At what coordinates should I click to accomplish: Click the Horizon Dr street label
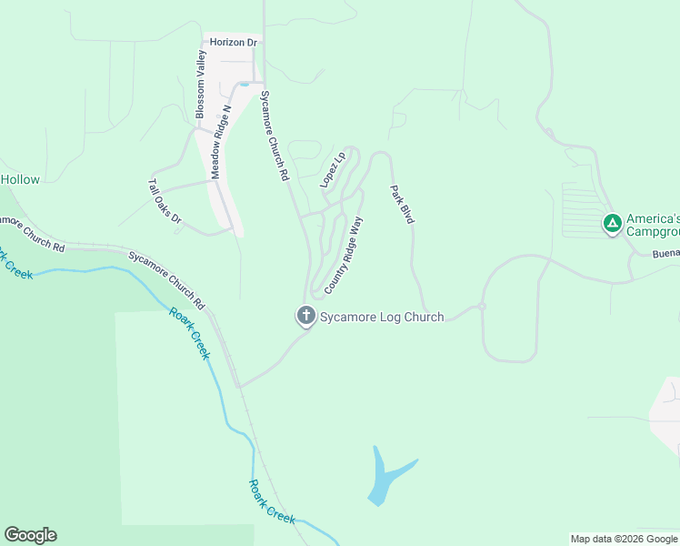pos(234,43)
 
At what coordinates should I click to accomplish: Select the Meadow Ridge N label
pos(222,142)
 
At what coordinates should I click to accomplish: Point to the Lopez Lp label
pos(333,169)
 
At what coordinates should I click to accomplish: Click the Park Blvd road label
pos(402,205)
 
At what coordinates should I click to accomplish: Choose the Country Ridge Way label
pos(344,254)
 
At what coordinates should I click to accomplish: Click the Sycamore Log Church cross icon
pos(306,317)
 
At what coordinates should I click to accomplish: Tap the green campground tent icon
pos(613,222)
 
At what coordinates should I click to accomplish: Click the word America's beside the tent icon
pos(654,219)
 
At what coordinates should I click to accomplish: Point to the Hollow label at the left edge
pos(20,179)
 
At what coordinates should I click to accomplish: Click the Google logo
pos(30,535)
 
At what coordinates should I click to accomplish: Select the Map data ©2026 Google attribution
pos(624,539)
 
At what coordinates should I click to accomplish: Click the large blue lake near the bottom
pos(385,478)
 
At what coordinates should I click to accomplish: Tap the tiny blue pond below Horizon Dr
pos(244,85)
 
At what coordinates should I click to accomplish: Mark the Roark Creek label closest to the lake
pos(273,500)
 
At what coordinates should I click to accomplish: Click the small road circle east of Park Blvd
pos(483,307)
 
